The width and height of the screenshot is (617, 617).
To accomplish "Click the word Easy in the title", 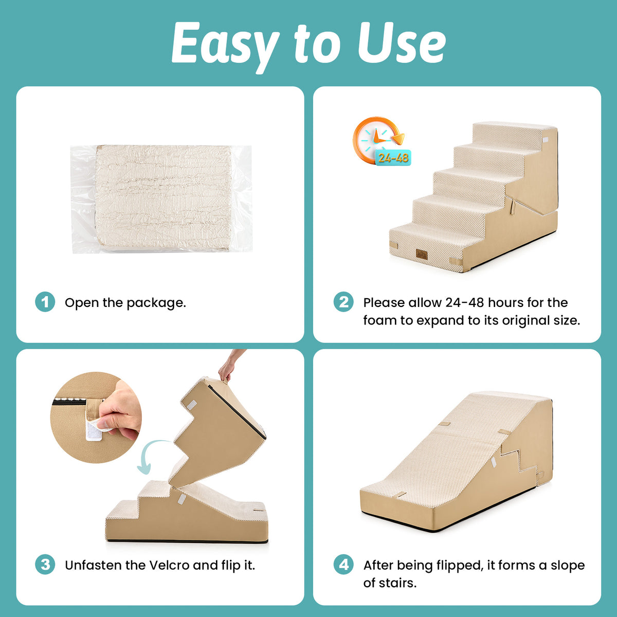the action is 226,45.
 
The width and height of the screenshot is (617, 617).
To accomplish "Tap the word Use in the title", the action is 402,43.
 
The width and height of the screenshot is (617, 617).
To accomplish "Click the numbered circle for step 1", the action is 45,302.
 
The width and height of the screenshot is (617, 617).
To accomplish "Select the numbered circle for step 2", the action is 343,302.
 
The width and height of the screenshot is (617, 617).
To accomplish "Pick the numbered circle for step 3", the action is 45,564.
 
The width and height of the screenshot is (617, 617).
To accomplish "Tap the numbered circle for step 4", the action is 343,564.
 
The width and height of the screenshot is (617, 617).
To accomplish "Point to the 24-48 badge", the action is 393,157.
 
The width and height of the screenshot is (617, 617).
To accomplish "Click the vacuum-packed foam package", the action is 161,199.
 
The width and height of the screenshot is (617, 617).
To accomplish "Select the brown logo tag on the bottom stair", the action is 422,254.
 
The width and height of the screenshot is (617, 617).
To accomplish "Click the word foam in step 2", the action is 380,320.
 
